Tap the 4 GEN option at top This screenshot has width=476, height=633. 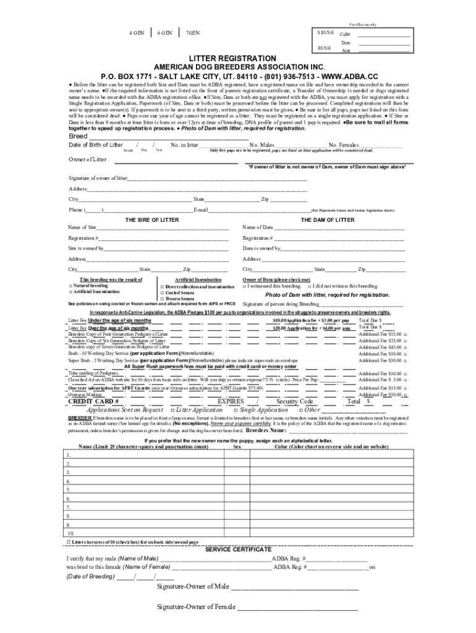137,33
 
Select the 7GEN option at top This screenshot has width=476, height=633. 192,33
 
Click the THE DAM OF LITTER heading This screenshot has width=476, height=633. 327,220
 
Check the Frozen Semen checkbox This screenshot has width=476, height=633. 162,299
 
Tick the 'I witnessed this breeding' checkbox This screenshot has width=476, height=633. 245,286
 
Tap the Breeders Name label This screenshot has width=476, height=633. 266,430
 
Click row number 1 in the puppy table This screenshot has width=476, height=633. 69,455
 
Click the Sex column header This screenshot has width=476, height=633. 236,446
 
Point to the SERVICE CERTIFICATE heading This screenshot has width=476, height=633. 238,549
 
